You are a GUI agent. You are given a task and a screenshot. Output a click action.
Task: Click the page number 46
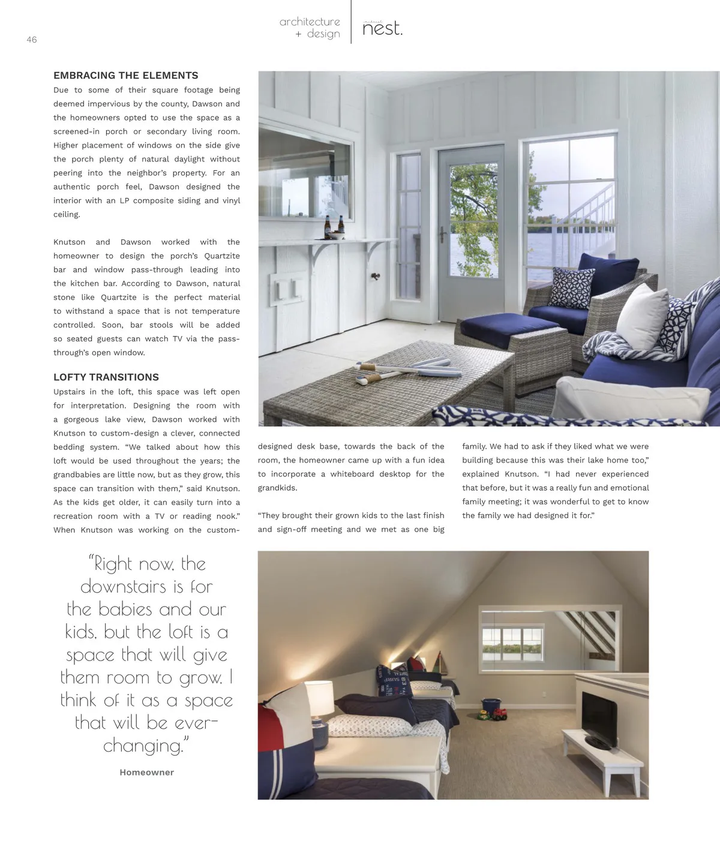click(32, 40)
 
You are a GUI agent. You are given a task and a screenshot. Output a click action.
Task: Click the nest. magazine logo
click(382, 29)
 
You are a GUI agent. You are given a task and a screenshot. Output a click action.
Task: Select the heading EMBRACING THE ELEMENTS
click(125, 76)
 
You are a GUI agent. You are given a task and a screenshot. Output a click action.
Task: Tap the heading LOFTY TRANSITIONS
click(106, 377)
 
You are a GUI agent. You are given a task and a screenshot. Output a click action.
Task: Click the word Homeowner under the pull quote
click(146, 773)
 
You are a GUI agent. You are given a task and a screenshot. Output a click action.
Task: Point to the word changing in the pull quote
click(143, 746)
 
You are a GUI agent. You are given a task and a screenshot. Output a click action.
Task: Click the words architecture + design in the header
click(310, 28)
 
